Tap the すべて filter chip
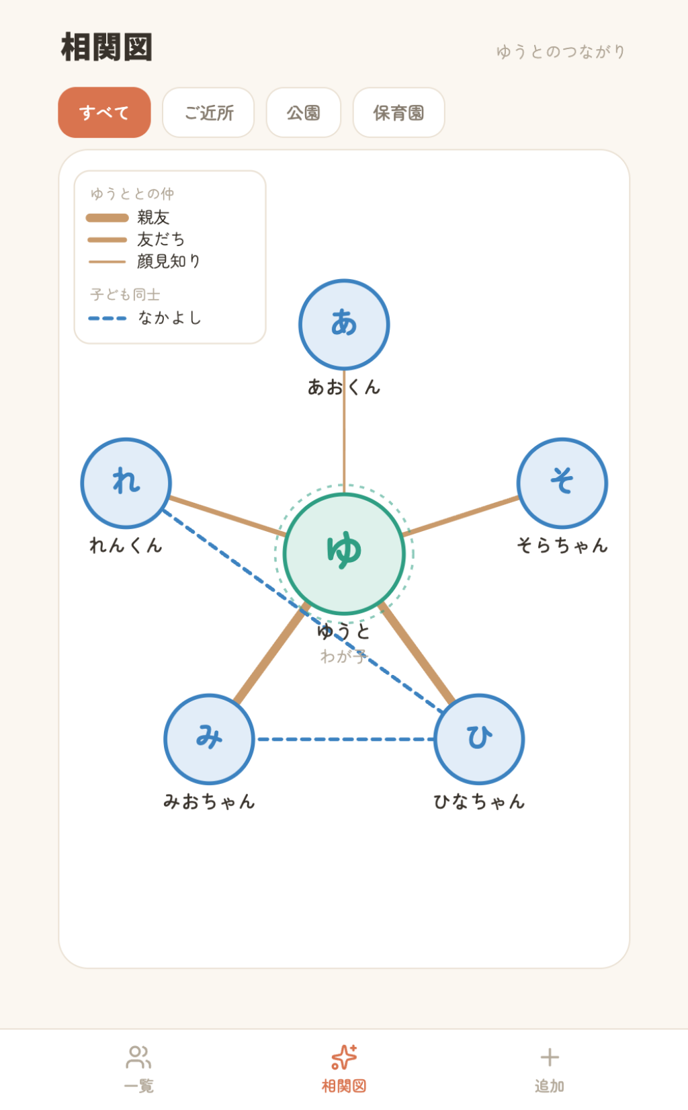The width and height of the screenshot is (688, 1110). [x=104, y=112]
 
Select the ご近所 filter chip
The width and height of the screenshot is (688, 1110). [x=208, y=112]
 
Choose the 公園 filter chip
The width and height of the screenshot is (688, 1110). [x=303, y=112]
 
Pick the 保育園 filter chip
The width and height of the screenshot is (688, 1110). [x=398, y=112]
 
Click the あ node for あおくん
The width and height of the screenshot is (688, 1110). [x=344, y=325]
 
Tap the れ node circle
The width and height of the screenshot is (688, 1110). [x=126, y=483]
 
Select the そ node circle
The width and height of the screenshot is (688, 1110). [x=562, y=483]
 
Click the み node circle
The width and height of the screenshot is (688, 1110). [x=209, y=740]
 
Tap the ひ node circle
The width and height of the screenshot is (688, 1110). [x=479, y=740]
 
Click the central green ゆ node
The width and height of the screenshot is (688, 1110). [x=344, y=553]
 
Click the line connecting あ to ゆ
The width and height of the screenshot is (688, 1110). [x=344, y=432]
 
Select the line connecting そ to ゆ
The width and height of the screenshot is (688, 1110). [x=462, y=516]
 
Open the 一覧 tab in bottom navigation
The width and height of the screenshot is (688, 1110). [x=138, y=1069]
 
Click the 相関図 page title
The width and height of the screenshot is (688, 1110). [x=107, y=48]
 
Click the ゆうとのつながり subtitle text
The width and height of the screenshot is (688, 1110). [x=561, y=52]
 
